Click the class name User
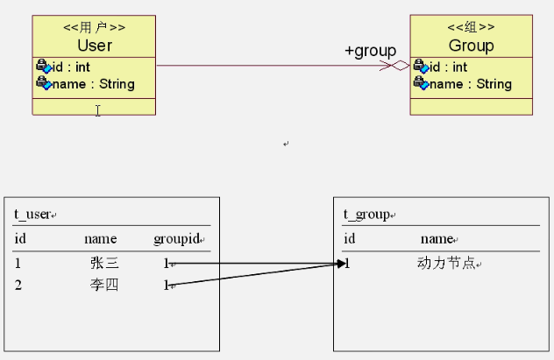point(94,45)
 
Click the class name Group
point(471,45)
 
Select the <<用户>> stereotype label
point(94,28)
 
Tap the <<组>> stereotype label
point(471,28)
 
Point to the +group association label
point(369,51)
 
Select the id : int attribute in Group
point(447,67)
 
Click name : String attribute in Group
point(470,84)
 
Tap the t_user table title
point(33,215)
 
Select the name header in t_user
point(100,238)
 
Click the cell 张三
point(103,263)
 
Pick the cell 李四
point(103,285)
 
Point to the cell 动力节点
point(447,263)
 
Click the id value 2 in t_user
point(18,285)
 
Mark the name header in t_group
point(436,238)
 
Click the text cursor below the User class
point(97,110)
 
